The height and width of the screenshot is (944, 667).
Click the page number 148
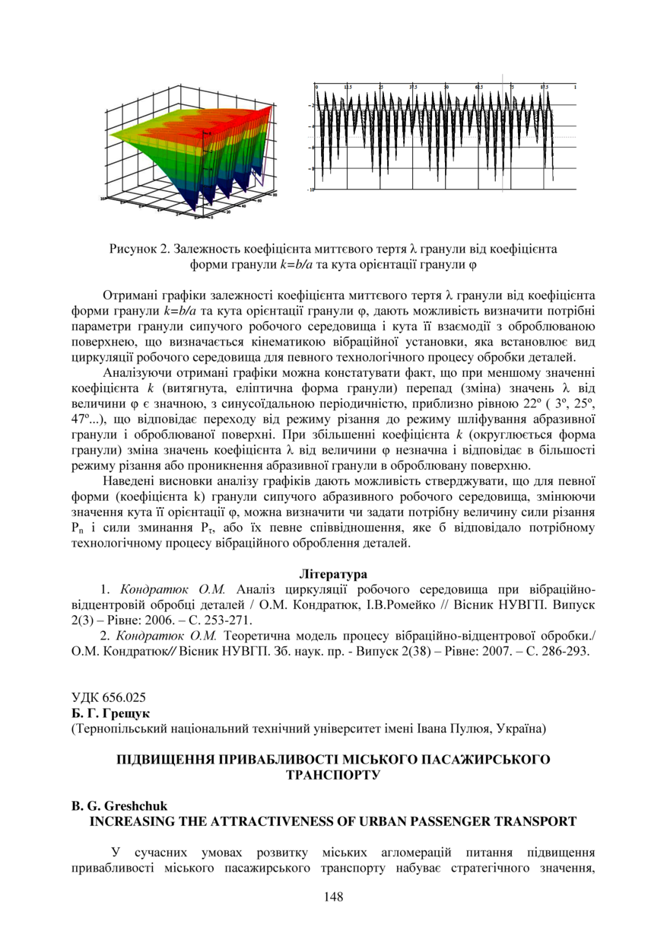pyautogui.click(x=333, y=897)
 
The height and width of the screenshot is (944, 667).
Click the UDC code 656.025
pyautogui.click(x=122, y=697)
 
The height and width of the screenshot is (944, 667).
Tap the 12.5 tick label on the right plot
pyautogui.click(x=348, y=88)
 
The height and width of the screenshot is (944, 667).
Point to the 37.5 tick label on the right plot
pyautogui.click(x=414, y=88)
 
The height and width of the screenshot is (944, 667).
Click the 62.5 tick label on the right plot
pyautogui.click(x=479, y=88)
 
